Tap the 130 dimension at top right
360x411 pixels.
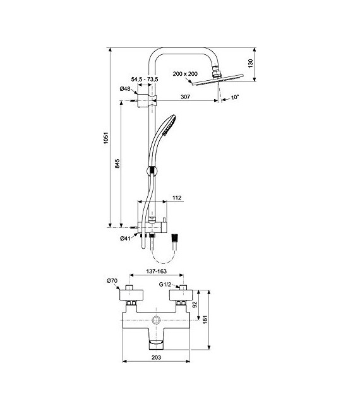pos(251,63)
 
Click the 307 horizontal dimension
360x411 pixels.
pos(186,97)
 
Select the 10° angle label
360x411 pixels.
pos(236,97)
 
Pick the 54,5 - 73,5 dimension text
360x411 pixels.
pos(144,79)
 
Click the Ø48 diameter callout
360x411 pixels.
pos(125,89)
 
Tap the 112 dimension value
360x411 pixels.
pos(176,198)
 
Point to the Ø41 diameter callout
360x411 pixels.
pos(126,238)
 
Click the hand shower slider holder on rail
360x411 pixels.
pos(151,170)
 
